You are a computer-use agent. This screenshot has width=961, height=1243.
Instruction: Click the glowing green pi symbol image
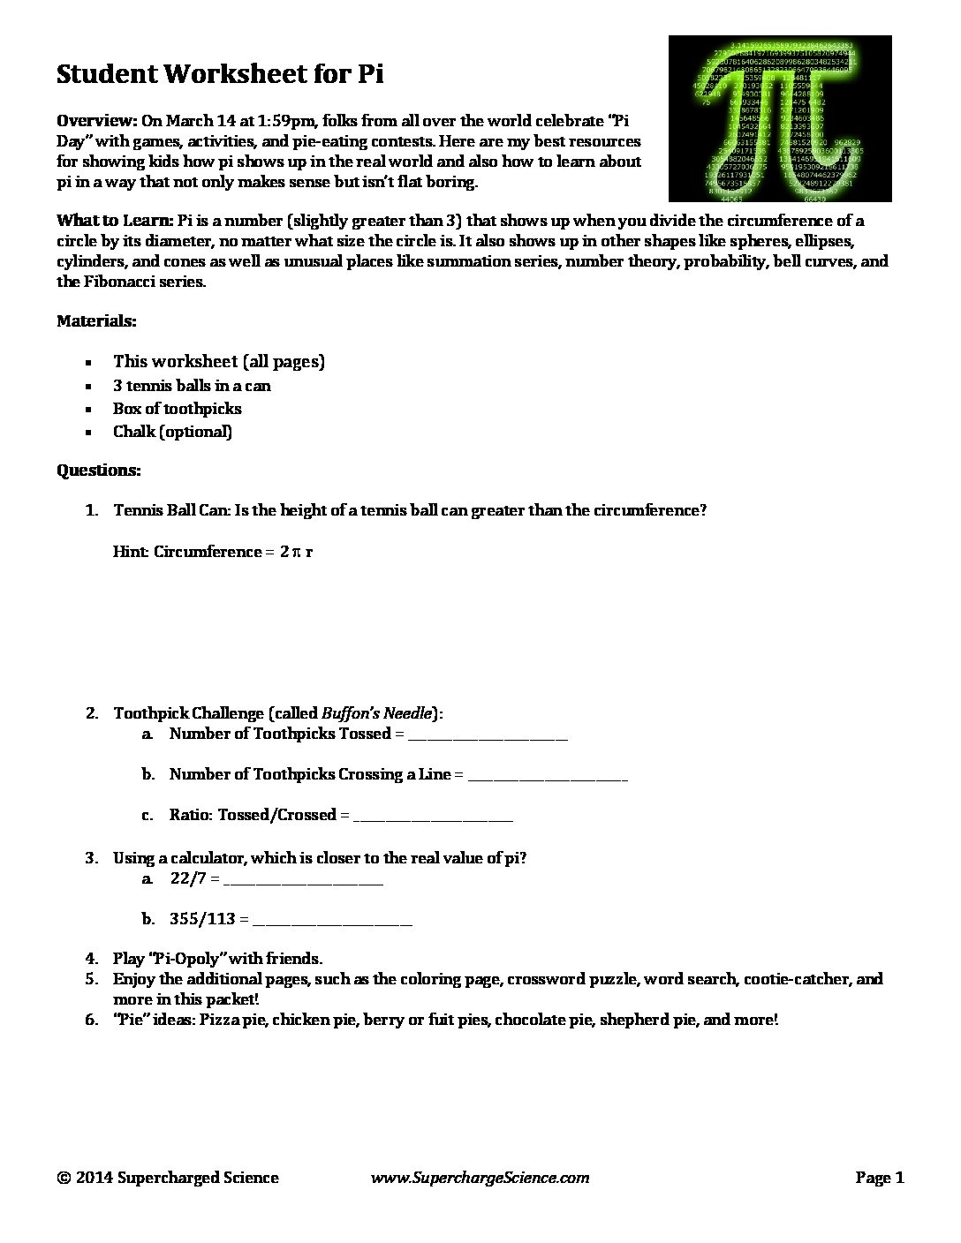[779, 118]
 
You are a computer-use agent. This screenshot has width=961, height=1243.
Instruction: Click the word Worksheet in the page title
[231, 74]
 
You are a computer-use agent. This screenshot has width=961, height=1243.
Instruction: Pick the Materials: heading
[96, 321]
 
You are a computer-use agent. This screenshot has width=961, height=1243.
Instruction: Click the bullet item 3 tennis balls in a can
[192, 386]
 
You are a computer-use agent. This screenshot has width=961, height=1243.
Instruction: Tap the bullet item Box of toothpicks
[177, 409]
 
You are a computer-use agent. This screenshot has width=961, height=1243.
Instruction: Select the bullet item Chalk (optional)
[172, 432]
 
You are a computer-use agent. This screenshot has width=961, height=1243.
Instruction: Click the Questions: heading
[98, 471]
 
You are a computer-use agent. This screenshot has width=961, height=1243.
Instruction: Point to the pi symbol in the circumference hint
[298, 553]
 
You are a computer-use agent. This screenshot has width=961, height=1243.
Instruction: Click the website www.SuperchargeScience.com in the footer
[480, 1178]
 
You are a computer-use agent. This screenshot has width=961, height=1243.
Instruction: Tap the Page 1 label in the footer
[880, 1178]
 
